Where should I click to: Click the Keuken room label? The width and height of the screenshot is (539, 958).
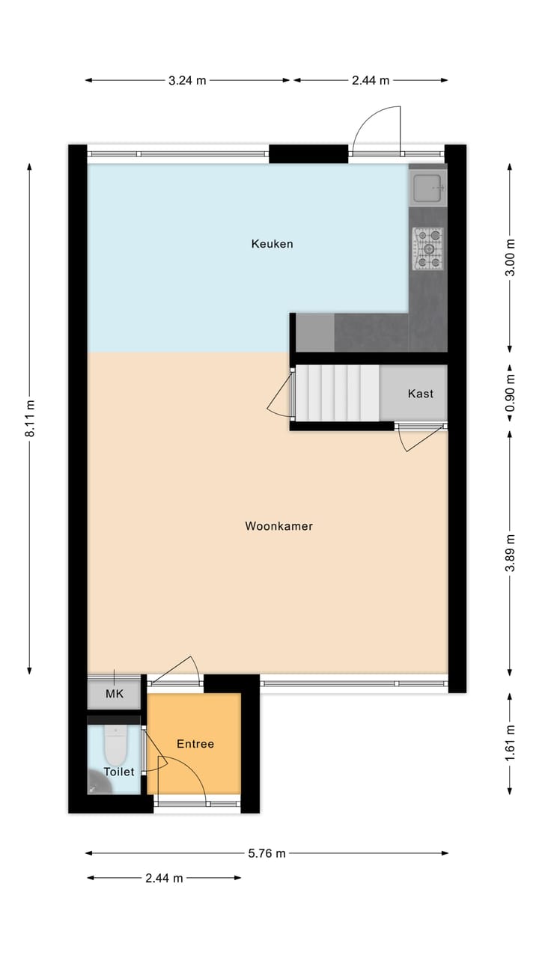click(x=272, y=244)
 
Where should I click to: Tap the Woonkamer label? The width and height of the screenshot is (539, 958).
click(x=278, y=526)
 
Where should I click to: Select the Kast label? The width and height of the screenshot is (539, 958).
click(x=420, y=394)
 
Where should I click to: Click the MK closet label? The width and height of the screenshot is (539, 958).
click(x=114, y=695)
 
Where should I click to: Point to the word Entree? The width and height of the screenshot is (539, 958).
click(x=195, y=744)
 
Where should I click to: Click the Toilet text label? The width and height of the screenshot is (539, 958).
click(x=119, y=772)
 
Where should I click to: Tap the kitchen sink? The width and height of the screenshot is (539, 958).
click(x=427, y=186)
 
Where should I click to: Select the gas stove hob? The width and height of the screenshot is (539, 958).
click(x=427, y=249)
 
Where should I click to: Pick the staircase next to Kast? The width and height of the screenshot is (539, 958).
click(x=338, y=393)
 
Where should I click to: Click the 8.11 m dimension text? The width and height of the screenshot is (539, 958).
click(x=30, y=418)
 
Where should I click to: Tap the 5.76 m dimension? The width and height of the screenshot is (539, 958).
click(x=267, y=853)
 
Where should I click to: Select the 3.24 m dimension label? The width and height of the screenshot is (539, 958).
click(x=187, y=81)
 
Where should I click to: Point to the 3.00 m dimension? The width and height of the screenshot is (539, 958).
click(x=511, y=257)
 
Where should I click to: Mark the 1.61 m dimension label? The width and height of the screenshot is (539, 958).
click(x=511, y=743)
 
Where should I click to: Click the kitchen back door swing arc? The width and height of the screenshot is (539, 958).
click(x=376, y=127)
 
